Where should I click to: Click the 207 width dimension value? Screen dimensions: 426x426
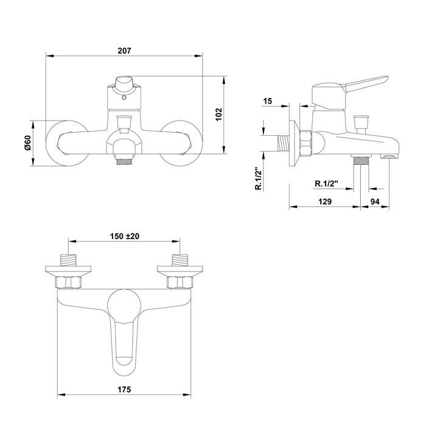pos(124,51)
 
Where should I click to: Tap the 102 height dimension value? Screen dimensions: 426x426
pos(218,114)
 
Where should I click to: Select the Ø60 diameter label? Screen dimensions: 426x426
pos(28,143)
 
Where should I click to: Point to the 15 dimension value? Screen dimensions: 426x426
pos(268,101)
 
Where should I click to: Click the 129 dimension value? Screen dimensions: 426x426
pos(325,201)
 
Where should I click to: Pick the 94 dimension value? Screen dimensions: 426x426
pos(375,201)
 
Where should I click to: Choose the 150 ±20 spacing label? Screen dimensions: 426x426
pos(124,236)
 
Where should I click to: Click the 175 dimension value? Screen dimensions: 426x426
pos(124,389)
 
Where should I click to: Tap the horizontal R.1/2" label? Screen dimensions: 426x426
pos(326,183)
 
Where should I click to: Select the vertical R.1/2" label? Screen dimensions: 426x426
pos(259,178)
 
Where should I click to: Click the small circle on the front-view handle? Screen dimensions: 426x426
pos(124,98)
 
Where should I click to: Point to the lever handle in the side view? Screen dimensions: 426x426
pos(365,83)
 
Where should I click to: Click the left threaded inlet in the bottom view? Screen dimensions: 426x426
pos(68,260)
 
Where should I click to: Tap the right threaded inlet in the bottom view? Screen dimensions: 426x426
pos(180,260)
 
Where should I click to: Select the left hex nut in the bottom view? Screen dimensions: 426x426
pos(68,282)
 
